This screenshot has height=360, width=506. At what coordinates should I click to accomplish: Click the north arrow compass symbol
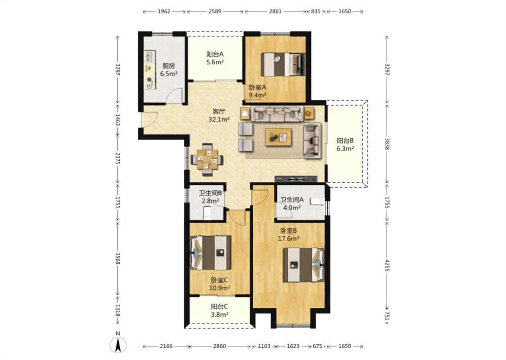click(118, 345)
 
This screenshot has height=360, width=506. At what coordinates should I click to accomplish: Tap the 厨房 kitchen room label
click(169, 66)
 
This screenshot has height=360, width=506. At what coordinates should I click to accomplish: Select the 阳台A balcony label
click(215, 54)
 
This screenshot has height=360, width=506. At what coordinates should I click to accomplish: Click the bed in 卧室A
click(283, 64)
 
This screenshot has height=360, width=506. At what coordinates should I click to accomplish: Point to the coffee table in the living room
click(278, 137)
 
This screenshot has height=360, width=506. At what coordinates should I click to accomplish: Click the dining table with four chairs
click(207, 160)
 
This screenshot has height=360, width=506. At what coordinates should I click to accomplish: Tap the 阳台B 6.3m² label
click(345, 144)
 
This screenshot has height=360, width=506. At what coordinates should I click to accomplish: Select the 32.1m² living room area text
click(219, 119)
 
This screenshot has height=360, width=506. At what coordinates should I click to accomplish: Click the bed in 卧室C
click(211, 252)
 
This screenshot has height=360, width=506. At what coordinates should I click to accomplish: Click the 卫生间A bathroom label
click(292, 200)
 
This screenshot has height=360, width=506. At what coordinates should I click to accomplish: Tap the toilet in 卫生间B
click(207, 213)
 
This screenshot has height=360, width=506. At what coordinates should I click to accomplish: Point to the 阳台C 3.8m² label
click(220, 310)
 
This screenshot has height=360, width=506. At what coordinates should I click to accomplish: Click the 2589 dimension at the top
click(215, 11)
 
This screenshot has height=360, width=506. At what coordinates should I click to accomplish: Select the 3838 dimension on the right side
click(387, 144)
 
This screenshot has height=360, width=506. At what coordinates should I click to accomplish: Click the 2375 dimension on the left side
click(118, 159)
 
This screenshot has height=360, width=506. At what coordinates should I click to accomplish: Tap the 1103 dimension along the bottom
click(264, 346)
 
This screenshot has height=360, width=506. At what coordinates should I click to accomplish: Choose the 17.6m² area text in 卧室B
click(288, 238)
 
